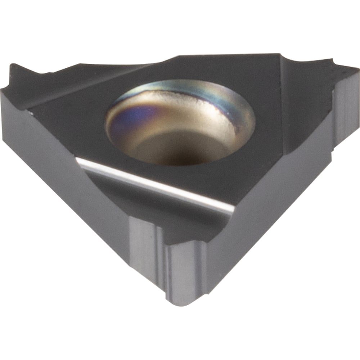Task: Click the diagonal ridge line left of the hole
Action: [x=90, y=86]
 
